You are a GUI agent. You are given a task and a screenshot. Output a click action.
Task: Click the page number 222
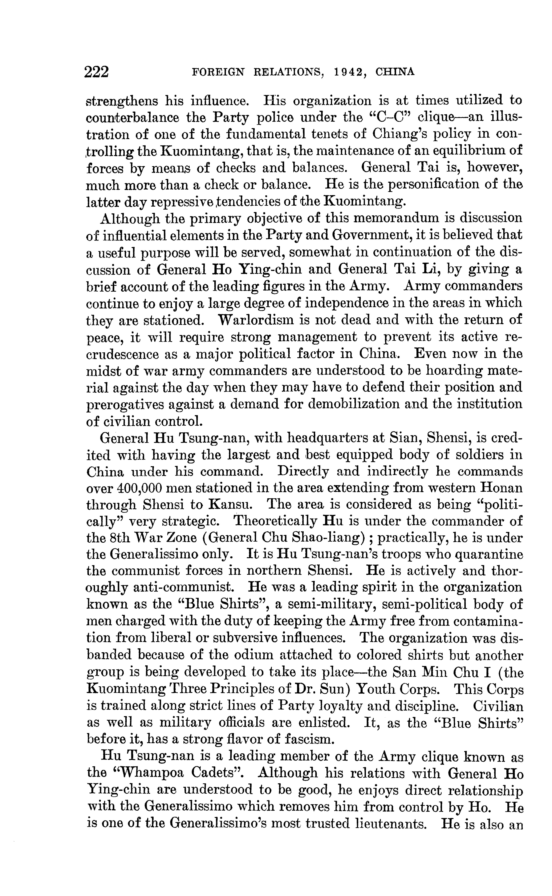pyautogui.click(x=97, y=72)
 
